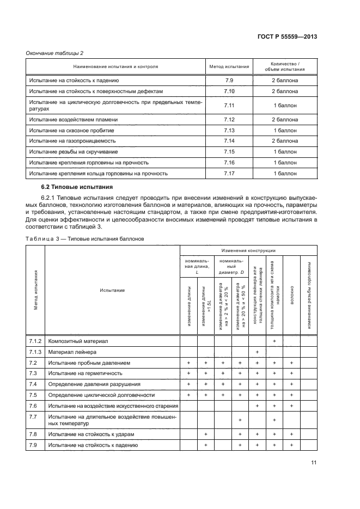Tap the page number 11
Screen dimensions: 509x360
(314, 463)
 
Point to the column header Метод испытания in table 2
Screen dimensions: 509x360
(229, 67)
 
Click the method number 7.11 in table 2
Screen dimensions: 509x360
(229, 105)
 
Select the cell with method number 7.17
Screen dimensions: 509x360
(229, 174)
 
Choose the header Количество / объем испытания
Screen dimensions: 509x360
(285, 67)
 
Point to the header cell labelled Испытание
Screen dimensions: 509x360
(112, 291)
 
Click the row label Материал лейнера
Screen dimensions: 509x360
(72, 352)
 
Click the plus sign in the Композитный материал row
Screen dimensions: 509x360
(274, 341)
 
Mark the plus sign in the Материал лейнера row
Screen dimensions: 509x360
(257, 352)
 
